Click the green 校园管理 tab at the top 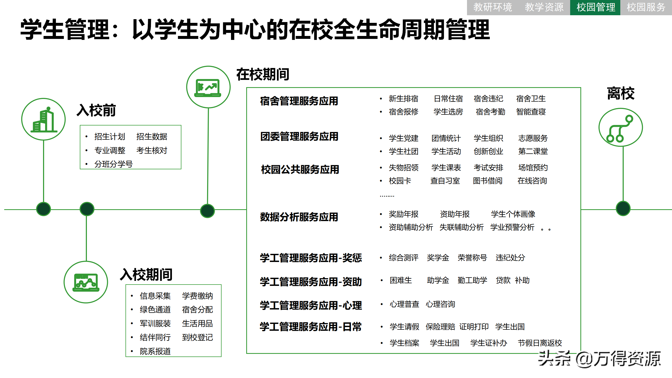tap(595, 7)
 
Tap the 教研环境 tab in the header tap(492, 7)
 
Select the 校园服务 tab tap(646, 7)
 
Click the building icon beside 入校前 tap(44, 120)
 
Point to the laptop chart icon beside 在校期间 tap(208, 87)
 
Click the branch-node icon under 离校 tap(621, 128)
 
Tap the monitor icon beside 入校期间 tap(86, 282)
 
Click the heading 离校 tap(621, 93)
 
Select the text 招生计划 tap(110, 136)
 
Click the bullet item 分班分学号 tap(113, 164)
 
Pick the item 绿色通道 tap(155, 309)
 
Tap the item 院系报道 tap(155, 351)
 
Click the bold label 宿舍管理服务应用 tap(299, 101)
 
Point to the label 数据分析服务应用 tap(299, 217)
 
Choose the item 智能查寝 tap(531, 112)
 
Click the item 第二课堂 tap(533, 151)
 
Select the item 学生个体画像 tap(513, 214)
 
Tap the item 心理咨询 tap(440, 304)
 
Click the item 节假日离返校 tap(540, 343)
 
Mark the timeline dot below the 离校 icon tap(623, 208)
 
